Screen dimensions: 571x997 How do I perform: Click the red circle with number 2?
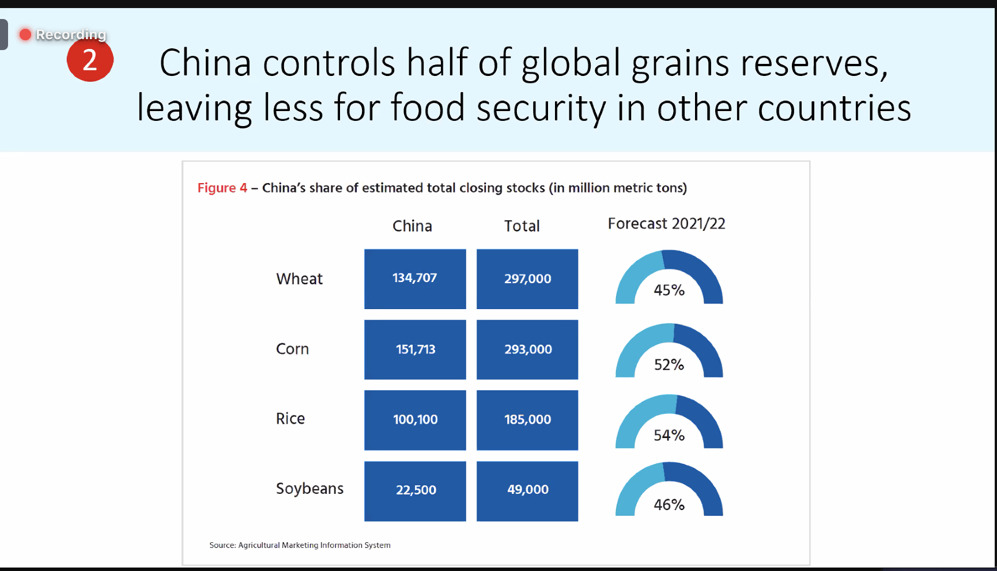(x=90, y=60)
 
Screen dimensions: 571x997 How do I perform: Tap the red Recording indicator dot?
(x=25, y=35)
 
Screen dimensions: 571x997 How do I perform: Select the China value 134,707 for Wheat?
(x=415, y=279)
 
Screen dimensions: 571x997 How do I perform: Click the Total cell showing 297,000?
(x=527, y=279)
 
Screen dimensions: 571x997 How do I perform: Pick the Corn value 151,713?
(x=415, y=349)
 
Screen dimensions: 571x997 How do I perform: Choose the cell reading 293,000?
(x=527, y=349)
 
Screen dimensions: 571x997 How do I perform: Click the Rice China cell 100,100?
(x=415, y=420)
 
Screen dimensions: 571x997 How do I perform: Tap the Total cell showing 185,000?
(x=527, y=420)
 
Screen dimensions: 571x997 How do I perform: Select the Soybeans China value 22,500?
(x=415, y=490)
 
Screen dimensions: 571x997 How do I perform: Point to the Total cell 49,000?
(x=527, y=490)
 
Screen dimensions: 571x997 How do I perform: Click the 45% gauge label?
(x=669, y=290)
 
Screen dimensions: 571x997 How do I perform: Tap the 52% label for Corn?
(x=669, y=365)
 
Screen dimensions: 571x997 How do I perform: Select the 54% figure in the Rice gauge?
(x=669, y=436)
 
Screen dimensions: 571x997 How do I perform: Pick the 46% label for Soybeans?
(x=669, y=505)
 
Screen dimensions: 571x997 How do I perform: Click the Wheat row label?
(x=299, y=279)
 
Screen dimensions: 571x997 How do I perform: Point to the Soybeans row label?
(x=309, y=489)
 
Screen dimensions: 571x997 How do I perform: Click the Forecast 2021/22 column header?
(x=666, y=224)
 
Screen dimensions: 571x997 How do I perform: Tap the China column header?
(x=412, y=226)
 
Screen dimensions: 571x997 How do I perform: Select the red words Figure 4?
(x=222, y=188)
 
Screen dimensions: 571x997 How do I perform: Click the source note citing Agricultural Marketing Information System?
(x=300, y=545)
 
